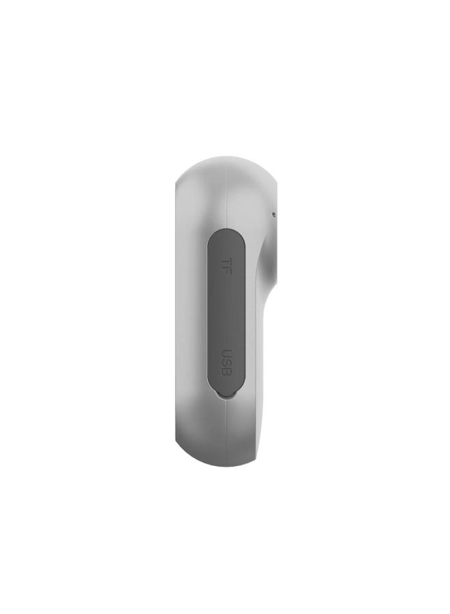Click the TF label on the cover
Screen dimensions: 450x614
pyautogui.click(x=224, y=266)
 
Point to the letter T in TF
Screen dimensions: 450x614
pyautogui.click(x=224, y=261)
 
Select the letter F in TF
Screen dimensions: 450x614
pyautogui.click(x=224, y=272)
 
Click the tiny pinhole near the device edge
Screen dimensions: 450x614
pyautogui.click(x=273, y=214)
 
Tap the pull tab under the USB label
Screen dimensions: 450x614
pyautogui.click(x=226, y=393)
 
